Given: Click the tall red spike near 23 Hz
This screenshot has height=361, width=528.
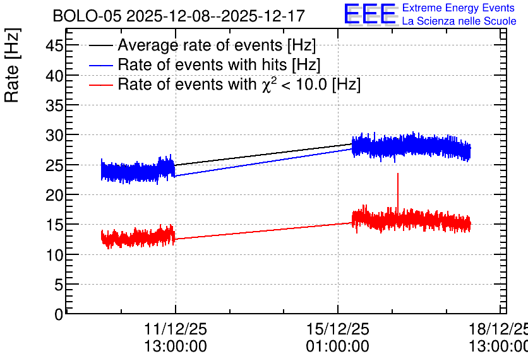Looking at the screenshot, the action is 398,192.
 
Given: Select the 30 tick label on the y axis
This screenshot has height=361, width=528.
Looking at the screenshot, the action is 54,135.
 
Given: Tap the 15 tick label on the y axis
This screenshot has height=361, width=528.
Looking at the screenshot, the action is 54,225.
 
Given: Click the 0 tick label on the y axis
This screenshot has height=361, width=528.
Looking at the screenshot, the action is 59,314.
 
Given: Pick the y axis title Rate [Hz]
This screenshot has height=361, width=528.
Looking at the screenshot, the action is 12,65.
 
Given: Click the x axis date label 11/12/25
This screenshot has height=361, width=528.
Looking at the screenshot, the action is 176,329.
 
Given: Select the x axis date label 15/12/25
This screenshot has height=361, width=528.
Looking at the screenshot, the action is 338,329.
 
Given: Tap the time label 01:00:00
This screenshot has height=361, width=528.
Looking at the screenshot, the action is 338,346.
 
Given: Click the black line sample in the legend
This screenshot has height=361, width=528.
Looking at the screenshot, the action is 100,45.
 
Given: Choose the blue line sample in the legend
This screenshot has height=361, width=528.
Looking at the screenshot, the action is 100,65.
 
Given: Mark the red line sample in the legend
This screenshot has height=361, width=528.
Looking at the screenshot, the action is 100,85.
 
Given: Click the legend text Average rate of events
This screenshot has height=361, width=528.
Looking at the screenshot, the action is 200,45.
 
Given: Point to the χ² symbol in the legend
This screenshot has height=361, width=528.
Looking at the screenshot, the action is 267,84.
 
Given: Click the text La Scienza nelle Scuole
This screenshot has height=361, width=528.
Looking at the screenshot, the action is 459,21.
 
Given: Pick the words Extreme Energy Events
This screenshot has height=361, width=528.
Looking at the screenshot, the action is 459,8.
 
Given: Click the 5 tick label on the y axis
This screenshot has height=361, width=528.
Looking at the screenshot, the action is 59,285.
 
